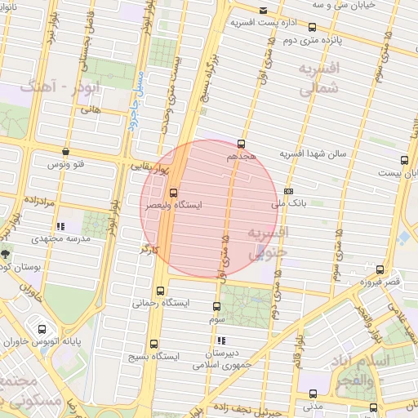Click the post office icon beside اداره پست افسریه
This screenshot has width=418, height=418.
pyautogui.click(x=262, y=11)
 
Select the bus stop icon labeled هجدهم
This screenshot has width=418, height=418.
pyautogui.click(x=241, y=144)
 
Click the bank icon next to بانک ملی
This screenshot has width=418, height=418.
pyautogui.click(x=288, y=192)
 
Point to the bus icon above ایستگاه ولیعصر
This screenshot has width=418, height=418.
pyautogui.click(x=172, y=193)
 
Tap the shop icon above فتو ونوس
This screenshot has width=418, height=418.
pyautogui.click(x=66, y=151)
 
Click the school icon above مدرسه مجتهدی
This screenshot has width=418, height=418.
pyautogui.click(x=60, y=227)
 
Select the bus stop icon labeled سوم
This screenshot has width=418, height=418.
pyautogui.click(x=216, y=307)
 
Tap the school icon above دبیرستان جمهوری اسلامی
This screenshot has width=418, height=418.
pyautogui.click(x=221, y=340)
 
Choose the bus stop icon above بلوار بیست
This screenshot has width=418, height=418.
pyautogui.click(x=404, y=161)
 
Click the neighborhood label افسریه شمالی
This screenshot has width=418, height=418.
pyautogui.click(x=318, y=79)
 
